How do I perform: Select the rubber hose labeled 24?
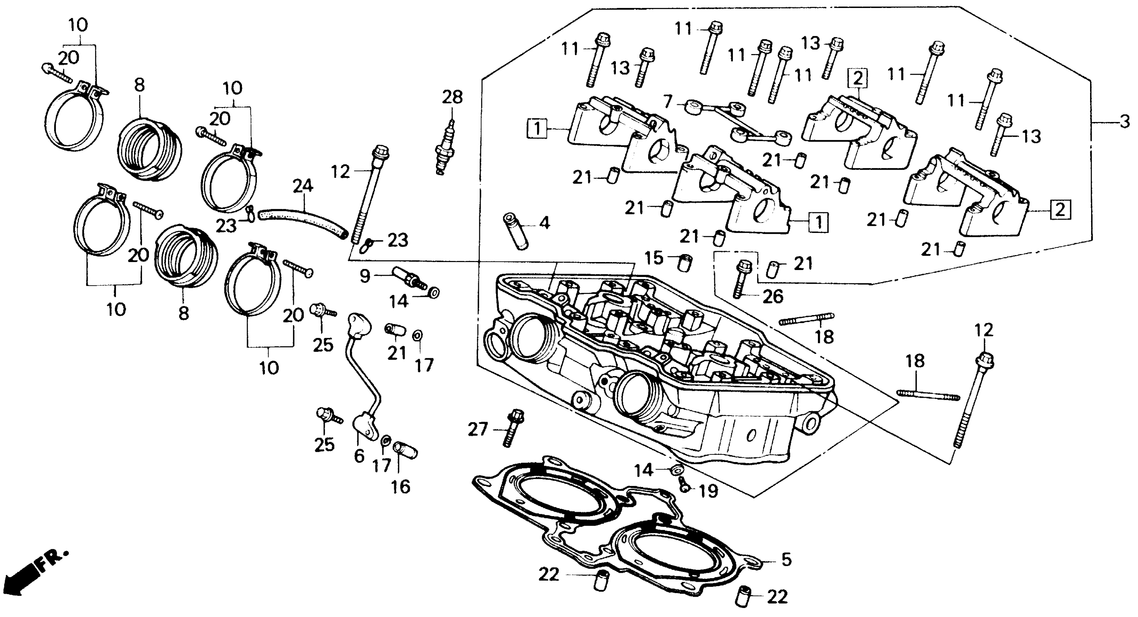tap(303, 223)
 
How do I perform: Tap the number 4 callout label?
tap(545, 223)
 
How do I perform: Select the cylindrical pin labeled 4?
tap(516, 232)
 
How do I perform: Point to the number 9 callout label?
tap(364, 277)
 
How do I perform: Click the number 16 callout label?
tap(401, 487)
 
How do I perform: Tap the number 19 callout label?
tap(709, 491)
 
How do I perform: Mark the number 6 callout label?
tap(359, 456)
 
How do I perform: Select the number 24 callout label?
tap(303, 186)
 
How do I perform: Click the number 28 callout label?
tap(452, 97)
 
